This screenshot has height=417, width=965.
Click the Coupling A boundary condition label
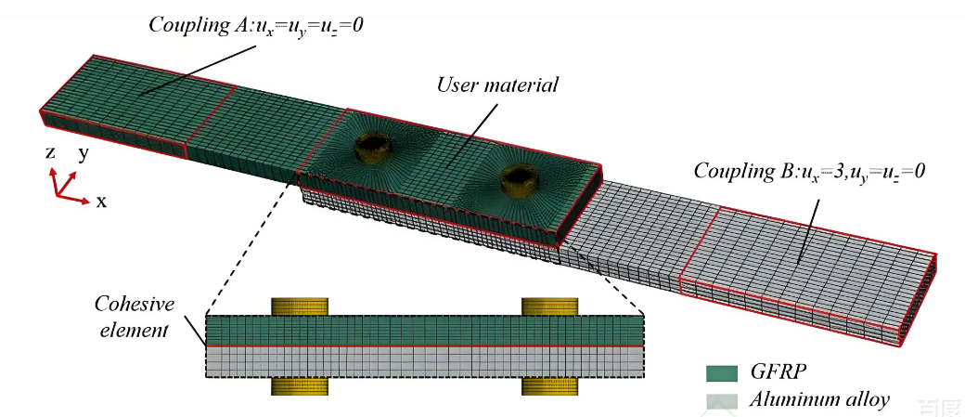pos(256,24)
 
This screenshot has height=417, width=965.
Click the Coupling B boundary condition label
pos(809,171)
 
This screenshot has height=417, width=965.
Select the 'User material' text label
pos(497,85)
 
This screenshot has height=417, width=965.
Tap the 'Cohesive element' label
pos(132,317)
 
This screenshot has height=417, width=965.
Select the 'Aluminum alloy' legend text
pos(820,401)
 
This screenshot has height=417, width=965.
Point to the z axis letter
pos(50,153)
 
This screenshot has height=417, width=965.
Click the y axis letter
pos(84,153)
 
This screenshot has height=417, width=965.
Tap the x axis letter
pos(101,201)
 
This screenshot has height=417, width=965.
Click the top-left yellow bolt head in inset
pos(300,306)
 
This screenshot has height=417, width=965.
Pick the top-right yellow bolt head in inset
pos(550,306)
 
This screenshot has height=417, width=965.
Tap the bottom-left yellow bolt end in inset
pos(300,386)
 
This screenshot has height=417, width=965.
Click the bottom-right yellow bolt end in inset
pos(550,386)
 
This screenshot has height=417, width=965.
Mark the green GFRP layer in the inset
pos(424,330)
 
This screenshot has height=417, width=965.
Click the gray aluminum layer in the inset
pos(424,362)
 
